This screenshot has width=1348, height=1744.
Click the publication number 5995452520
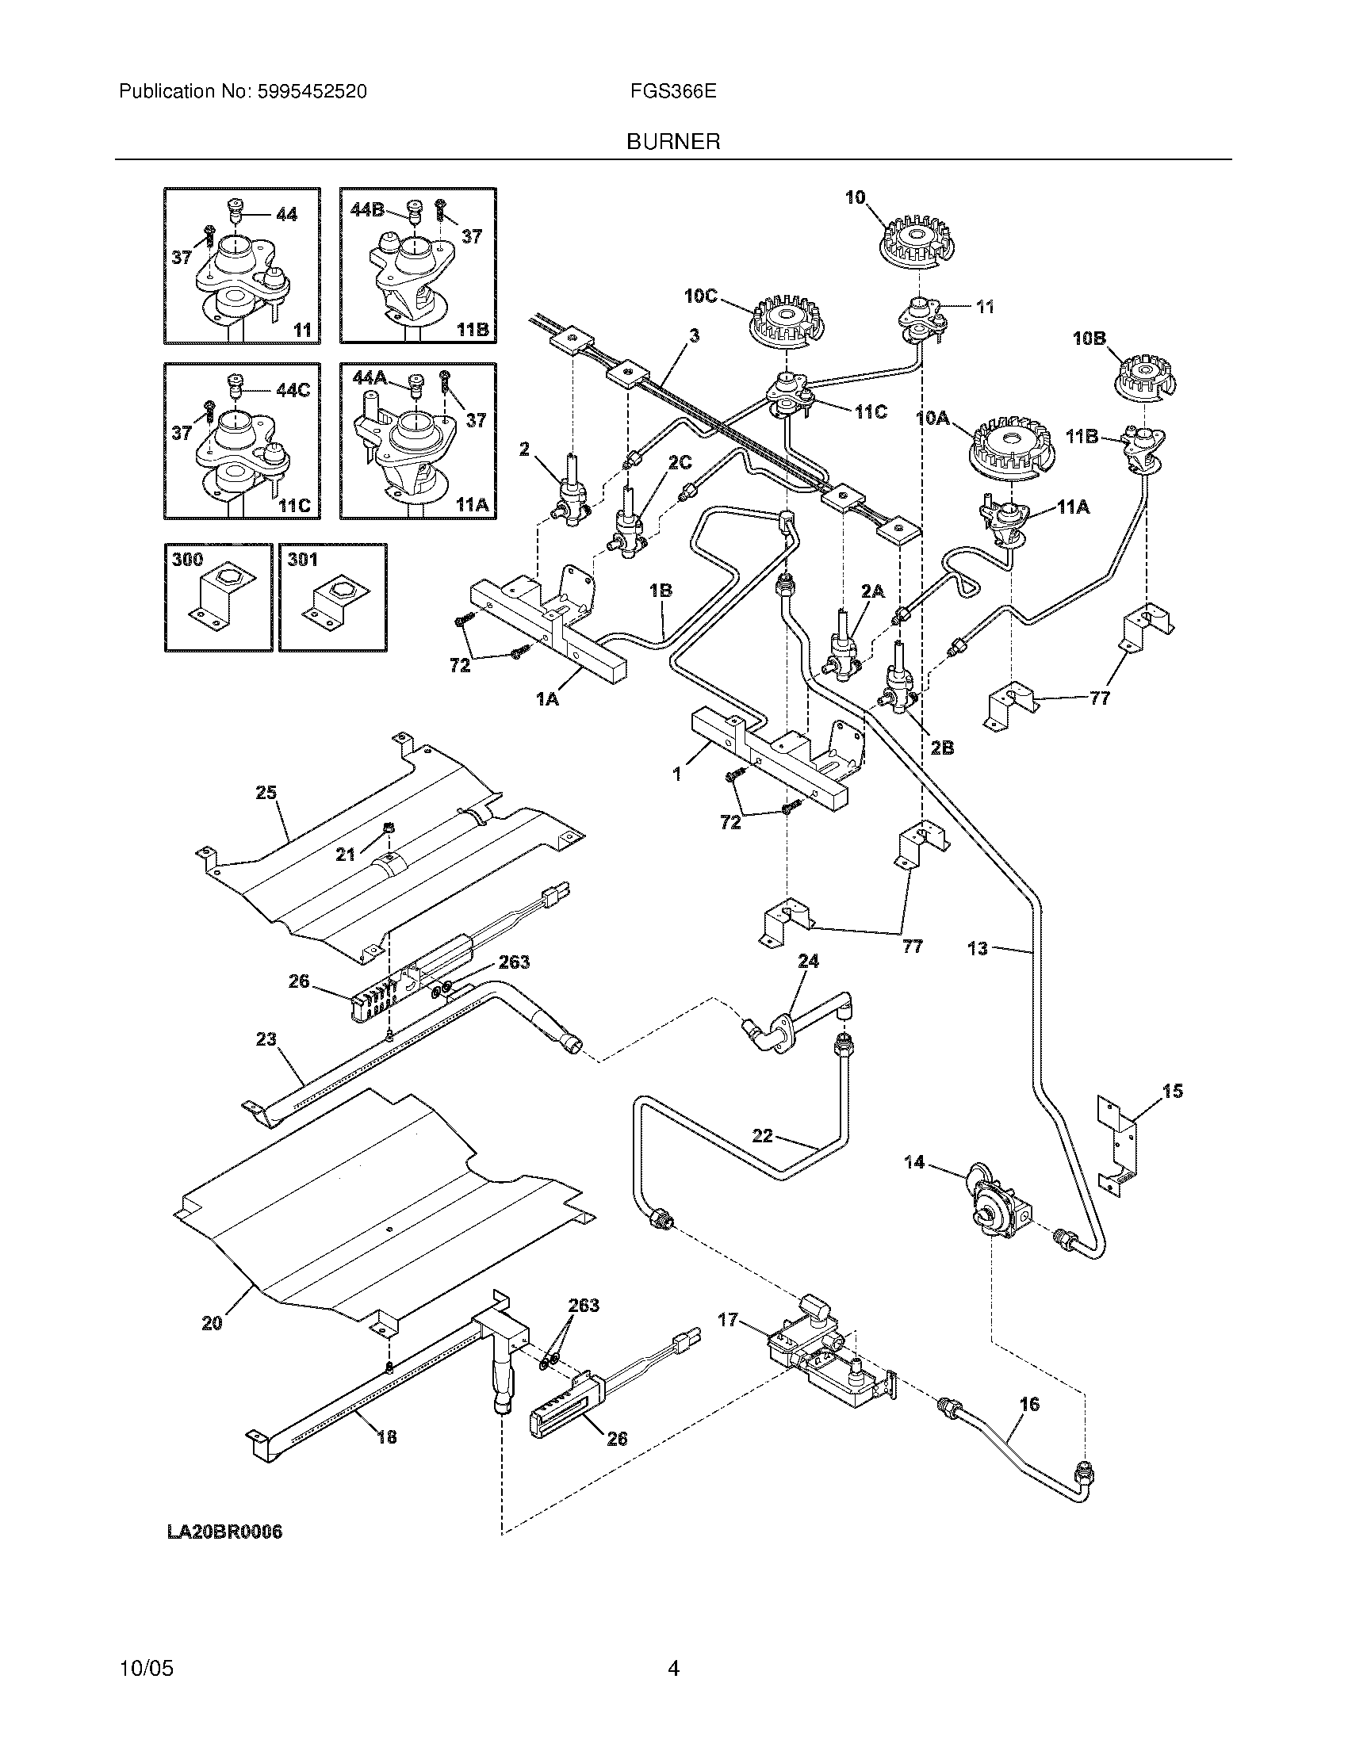(x=312, y=92)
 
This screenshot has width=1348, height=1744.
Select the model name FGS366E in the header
(x=672, y=92)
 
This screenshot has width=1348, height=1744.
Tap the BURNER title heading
(x=673, y=142)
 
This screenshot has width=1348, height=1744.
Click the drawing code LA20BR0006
(x=224, y=1532)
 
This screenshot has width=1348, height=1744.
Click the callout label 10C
(x=700, y=296)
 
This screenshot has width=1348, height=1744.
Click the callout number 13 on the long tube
(x=978, y=949)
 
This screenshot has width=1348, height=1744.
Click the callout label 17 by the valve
(x=727, y=1321)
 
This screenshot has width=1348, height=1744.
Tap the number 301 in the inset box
(x=303, y=560)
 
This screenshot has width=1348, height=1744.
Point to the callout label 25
(x=266, y=793)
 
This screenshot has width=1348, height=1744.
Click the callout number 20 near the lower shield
(x=212, y=1324)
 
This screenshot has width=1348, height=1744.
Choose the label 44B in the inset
(x=367, y=209)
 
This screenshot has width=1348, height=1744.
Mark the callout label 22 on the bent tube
(x=763, y=1134)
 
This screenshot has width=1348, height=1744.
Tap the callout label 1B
(x=661, y=591)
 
